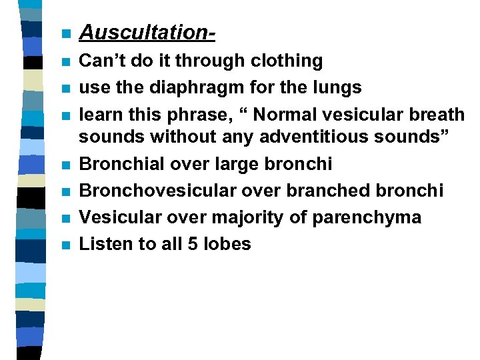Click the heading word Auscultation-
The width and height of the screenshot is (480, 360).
pyautogui.click(x=147, y=32)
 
